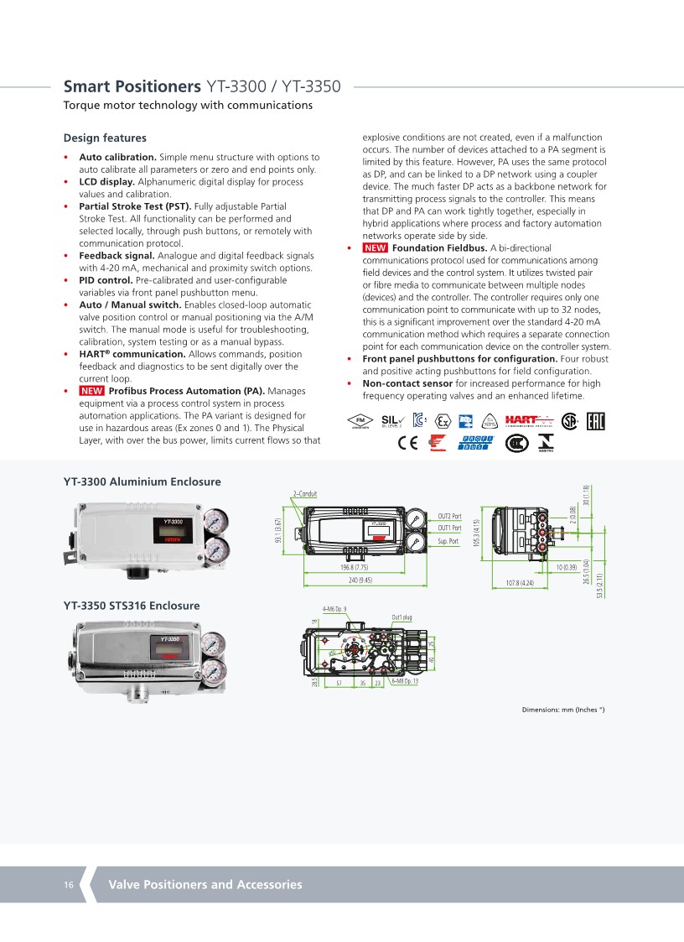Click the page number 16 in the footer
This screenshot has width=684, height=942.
(69, 885)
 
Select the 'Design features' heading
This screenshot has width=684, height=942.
(105, 138)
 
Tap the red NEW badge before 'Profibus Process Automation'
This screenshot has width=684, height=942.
(91, 391)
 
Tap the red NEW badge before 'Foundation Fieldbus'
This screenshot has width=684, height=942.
(375, 248)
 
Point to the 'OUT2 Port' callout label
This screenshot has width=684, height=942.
(449, 516)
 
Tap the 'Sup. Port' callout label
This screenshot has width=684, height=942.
(448, 542)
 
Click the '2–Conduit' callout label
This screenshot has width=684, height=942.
(305, 493)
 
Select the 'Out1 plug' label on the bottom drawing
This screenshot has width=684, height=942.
(402, 617)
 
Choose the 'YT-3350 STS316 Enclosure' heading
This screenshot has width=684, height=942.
(132, 605)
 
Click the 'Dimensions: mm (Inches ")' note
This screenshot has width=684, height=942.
(563, 710)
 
